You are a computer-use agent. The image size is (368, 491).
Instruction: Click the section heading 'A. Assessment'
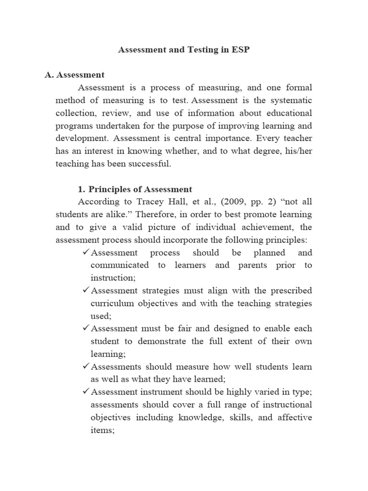[74, 75]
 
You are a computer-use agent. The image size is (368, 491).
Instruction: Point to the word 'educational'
[287, 113]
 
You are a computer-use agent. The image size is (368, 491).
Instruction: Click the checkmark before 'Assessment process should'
[86, 253]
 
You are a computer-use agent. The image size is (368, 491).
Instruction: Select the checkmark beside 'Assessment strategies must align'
[86, 291]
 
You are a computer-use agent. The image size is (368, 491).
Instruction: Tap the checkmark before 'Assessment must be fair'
[86, 328]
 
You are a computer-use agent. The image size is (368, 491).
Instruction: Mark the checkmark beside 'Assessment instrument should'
[86, 392]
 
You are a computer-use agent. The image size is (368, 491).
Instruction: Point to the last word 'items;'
[103, 430]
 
